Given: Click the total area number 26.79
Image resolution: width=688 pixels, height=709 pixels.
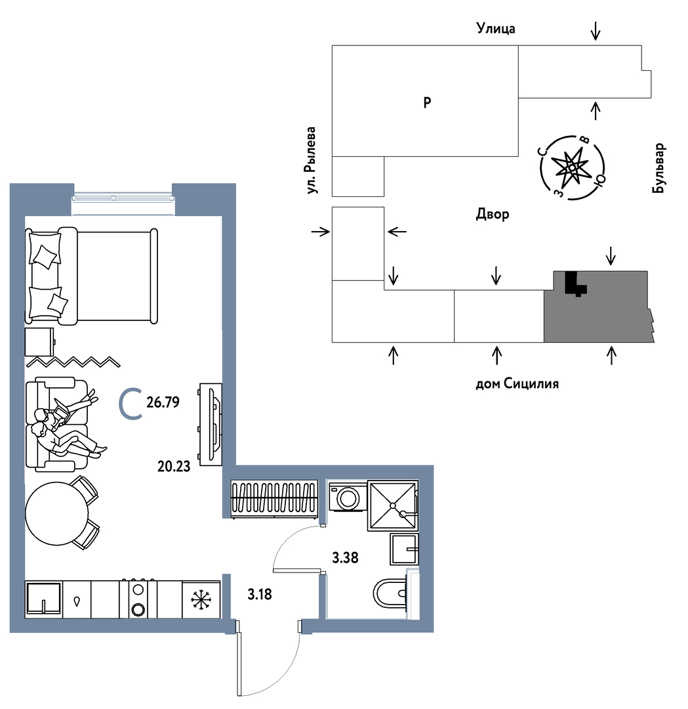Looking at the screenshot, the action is click(163, 402).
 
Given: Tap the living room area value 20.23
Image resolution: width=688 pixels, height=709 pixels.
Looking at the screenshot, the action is click(174, 466).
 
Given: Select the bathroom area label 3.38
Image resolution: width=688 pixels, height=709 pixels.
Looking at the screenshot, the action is click(345, 558).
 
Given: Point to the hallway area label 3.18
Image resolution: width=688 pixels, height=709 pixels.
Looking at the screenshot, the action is click(260, 594).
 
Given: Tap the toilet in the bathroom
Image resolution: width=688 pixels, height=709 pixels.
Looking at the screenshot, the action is click(390, 593).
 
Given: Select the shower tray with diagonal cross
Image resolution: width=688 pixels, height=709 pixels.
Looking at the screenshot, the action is click(393, 505).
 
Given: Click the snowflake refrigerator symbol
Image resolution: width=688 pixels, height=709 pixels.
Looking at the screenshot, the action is click(201, 599).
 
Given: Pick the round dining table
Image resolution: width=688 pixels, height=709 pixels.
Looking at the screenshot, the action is click(57, 513).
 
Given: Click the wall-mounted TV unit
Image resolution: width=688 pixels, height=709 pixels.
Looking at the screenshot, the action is click(211, 424).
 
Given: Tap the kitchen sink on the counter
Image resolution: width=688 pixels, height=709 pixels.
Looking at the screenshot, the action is click(43, 599).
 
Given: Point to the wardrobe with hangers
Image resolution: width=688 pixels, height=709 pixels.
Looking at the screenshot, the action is click(274, 499).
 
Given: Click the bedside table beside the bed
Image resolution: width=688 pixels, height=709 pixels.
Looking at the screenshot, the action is click(39, 342).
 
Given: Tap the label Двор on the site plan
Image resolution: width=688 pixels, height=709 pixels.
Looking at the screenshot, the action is click(493, 214).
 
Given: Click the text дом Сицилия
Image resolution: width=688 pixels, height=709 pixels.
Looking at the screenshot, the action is click(517, 383).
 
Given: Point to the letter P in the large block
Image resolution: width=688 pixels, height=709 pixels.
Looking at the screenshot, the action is click(428, 102).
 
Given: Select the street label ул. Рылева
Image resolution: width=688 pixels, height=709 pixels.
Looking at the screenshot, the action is click(310, 161).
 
